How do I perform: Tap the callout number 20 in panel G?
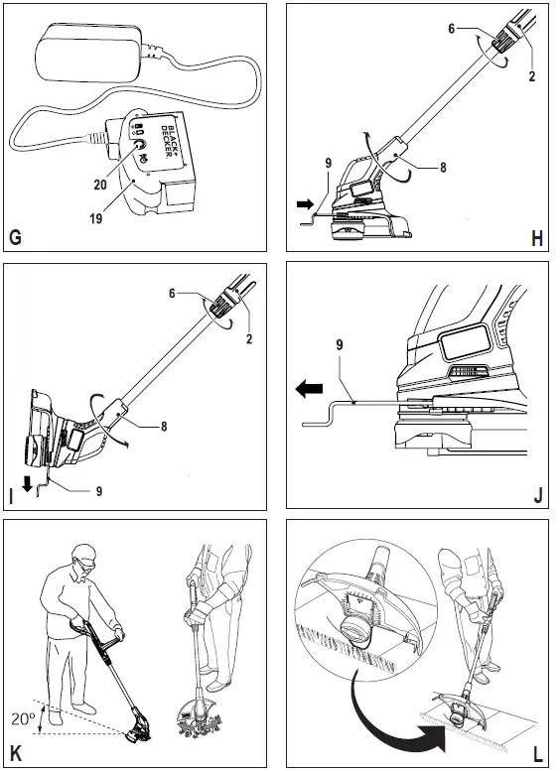100,184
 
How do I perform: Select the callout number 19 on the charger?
96,217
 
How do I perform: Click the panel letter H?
537,238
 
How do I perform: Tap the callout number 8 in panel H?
443,167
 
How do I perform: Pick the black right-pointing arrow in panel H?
306,204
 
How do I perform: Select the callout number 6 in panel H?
451,29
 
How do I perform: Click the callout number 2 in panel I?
249,338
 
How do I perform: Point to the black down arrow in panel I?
27,484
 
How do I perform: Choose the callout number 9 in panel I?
99,490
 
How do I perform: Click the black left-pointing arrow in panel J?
309,389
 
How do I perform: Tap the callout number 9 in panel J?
340,345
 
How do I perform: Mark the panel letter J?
538,496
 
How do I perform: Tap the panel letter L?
537,754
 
